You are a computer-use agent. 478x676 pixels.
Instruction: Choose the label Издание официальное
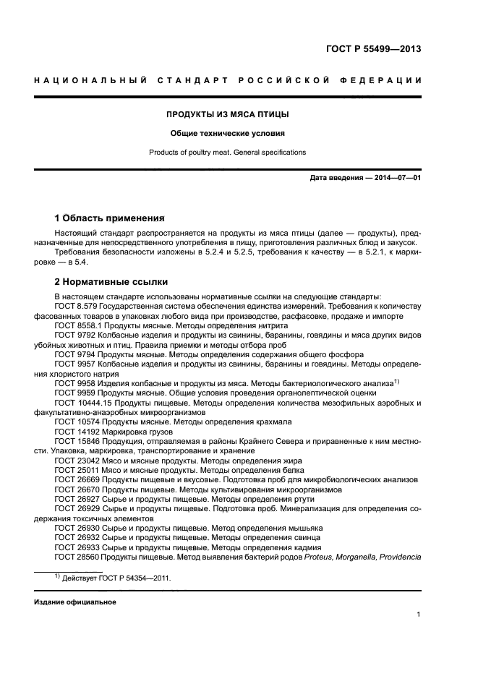click(75, 602)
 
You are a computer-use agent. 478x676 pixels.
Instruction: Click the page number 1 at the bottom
click(419, 615)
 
